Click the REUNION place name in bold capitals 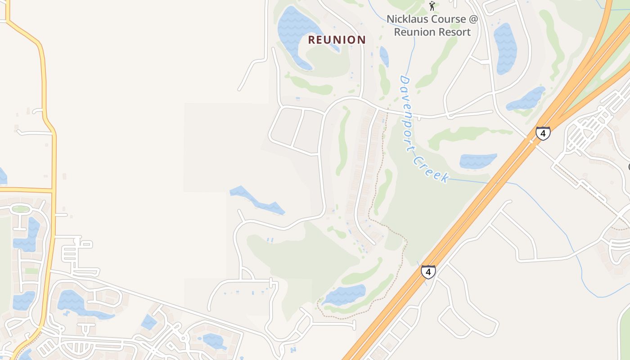click(x=337, y=40)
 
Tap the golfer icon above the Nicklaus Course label click(x=432, y=6)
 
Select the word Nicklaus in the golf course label click(x=407, y=19)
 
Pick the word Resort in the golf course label click(x=454, y=32)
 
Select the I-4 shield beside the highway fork click(x=543, y=133)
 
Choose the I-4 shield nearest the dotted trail click(x=428, y=272)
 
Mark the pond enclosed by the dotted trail click(x=344, y=295)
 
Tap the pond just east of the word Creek click(x=478, y=161)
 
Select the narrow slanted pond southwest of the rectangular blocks click(x=257, y=200)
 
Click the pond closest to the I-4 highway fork click(x=526, y=99)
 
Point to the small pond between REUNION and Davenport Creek click(x=384, y=57)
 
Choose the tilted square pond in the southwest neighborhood click(x=149, y=322)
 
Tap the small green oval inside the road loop click(x=21, y=209)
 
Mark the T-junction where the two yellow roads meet click(x=53, y=191)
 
